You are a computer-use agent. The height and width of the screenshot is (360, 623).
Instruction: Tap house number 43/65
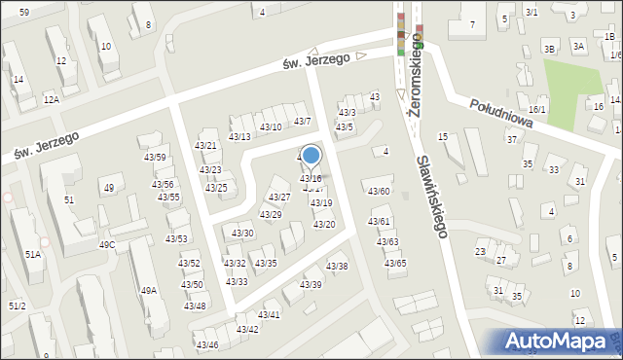(x=394, y=264)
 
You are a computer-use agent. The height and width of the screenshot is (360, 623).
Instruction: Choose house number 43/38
(x=337, y=267)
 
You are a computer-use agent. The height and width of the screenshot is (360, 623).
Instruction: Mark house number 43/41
(x=269, y=315)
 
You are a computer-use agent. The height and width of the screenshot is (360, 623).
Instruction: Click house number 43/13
(x=239, y=136)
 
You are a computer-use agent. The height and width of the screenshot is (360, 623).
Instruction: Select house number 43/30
(x=242, y=234)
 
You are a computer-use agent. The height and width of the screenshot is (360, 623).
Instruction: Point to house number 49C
(x=107, y=244)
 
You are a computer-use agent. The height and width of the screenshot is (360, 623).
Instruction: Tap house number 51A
(x=33, y=254)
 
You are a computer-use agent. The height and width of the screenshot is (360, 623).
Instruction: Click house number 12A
(x=52, y=99)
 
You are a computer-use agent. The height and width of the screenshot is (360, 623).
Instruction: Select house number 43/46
(x=206, y=345)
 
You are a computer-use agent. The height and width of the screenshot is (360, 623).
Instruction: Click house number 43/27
(x=278, y=198)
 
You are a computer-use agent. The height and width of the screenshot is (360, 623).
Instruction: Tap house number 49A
(x=148, y=290)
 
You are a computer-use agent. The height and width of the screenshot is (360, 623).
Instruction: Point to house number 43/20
(x=323, y=225)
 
